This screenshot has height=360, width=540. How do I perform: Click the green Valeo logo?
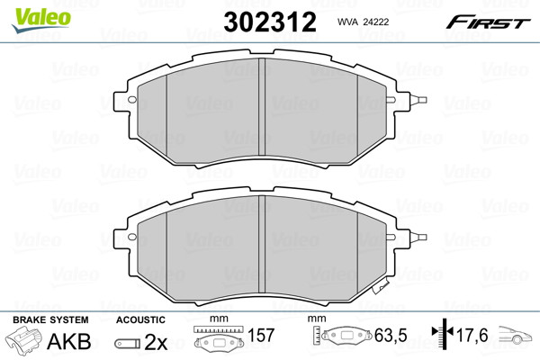tap(41, 20)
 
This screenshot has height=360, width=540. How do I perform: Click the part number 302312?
tap(270, 22)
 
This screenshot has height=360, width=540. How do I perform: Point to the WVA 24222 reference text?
tap(363, 22)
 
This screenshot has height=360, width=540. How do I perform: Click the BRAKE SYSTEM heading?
tap(50, 319)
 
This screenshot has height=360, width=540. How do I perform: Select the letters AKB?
tap(69, 341)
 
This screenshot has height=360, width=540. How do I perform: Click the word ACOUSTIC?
tap(140, 319)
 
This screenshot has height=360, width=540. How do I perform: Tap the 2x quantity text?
tap(156, 342)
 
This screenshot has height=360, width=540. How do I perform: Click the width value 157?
tap(261, 335)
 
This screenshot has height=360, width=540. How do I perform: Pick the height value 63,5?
tap(391, 335)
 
